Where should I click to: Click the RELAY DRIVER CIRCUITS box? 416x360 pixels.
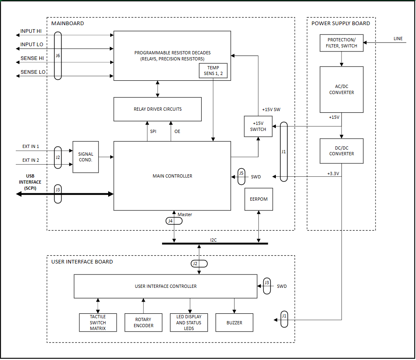point(158,109)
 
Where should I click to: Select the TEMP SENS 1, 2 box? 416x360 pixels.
point(213,71)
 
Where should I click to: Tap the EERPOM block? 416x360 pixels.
point(259,199)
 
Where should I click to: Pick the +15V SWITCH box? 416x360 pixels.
point(258,126)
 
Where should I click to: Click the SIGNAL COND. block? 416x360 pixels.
point(86,157)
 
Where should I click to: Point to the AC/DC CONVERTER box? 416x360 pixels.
point(341,90)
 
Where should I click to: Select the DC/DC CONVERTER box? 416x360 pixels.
point(341,151)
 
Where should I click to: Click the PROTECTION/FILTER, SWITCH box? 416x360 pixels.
point(341,43)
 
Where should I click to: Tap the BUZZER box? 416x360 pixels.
point(234,323)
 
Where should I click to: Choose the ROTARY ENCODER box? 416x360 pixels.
point(143,323)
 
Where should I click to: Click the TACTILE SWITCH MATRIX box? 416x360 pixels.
point(98,323)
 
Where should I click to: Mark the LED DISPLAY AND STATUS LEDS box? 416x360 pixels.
point(189,323)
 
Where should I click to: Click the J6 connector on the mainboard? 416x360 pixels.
point(58,56)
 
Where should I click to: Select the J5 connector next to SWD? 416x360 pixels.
point(241,176)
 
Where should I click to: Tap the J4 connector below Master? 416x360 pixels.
point(174,221)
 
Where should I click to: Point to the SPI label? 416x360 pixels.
point(153,131)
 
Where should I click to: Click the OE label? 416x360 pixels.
point(177,131)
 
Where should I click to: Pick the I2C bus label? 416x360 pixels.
point(213,240)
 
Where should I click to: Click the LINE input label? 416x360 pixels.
point(398,39)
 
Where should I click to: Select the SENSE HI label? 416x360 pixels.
point(32,58)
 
